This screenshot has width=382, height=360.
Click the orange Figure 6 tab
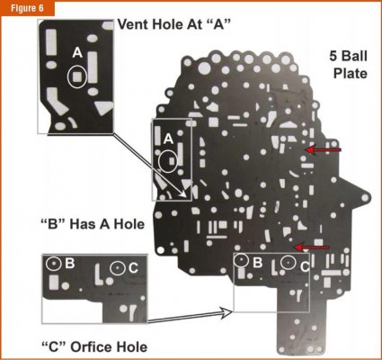[x=27, y=8]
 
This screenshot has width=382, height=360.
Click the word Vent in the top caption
[x=132, y=24]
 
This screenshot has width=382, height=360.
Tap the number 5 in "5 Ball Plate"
[x=333, y=56]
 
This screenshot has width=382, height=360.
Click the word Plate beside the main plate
[x=351, y=73]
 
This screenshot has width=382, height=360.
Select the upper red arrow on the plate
[x=323, y=149]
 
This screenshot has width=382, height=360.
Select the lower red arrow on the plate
[x=312, y=247]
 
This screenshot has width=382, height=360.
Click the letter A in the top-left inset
[x=77, y=53]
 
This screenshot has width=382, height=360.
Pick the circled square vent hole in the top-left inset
[x=77, y=76]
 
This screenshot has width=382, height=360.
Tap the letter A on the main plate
[x=168, y=139]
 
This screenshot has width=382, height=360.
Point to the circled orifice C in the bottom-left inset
[x=117, y=268]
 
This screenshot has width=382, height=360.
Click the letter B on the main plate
[x=258, y=263]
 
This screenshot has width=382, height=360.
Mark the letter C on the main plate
[x=305, y=266]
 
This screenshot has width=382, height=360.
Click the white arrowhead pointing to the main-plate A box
[x=186, y=193]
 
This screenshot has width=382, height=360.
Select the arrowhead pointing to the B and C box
[x=227, y=312]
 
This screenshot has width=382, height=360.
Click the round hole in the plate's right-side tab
[x=365, y=198]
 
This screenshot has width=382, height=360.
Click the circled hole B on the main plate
[x=241, y=260]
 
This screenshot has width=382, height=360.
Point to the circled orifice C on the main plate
[x=288, y=262]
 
